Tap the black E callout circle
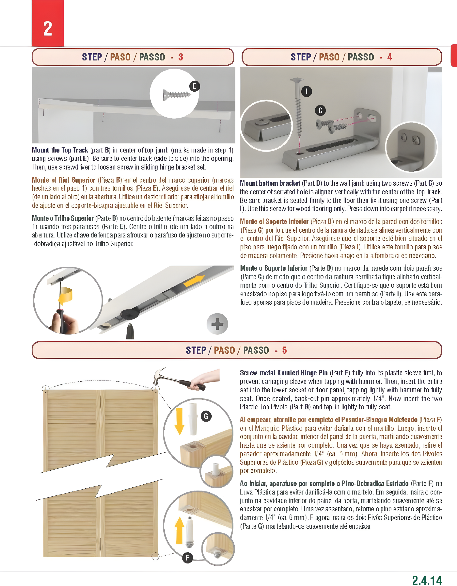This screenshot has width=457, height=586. click(x=195, y=86)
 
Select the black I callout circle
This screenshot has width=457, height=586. click(x=306, y=91)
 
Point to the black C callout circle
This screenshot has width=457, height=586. click(x=320, y=110)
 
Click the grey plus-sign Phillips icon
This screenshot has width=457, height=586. click(x=217, y=324)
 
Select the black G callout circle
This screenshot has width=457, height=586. click(x=206, y=416)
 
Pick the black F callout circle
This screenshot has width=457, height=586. click(x=187, y=558)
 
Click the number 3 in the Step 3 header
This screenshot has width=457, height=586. click(x=181, y=57)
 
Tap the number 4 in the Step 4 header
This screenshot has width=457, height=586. click(x=389, y=57)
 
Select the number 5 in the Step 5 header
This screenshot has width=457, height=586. click(x=284, y=350)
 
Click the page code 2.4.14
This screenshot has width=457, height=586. click(x=427, y=580)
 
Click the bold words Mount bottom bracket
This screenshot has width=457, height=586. click(x=270, y=183)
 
